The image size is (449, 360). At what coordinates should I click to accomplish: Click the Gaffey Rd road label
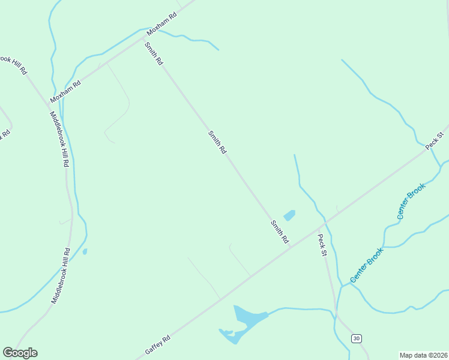[x=158, y=344]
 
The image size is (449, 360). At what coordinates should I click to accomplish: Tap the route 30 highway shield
[x=357, y=338]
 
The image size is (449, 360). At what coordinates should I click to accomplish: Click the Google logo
[x=20, y=353]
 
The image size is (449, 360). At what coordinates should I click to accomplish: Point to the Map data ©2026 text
[x=423, y=355]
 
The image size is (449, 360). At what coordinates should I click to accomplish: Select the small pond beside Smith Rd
[x=289, y=215]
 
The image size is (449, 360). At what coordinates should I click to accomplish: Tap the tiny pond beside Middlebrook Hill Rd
[x=85, y=251]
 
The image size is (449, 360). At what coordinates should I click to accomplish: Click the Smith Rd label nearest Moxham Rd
[x=153, y=53]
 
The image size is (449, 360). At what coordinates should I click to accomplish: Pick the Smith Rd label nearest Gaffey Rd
[x=279, y=232]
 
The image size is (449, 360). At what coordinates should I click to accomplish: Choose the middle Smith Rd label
[x=217, y=143]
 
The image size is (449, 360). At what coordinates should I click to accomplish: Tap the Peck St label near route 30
[x=322, y=245]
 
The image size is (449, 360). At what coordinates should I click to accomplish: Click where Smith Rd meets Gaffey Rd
[x=291, y=247]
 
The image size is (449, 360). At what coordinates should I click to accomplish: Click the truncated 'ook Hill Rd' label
[x=13, y=65]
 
